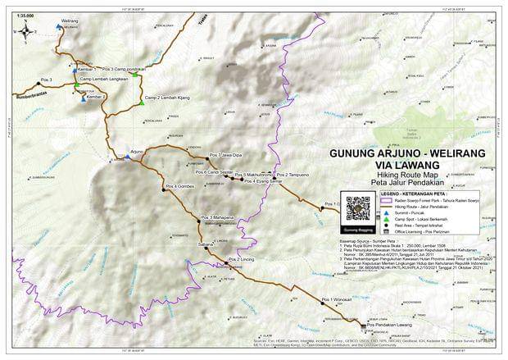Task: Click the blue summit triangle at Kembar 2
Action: (x=85, y=97)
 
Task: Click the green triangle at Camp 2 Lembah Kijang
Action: (x=142, y=103)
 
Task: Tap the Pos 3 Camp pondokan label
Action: (x=124, y=69)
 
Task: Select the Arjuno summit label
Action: (x=137, y=152)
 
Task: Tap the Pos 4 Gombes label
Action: (x=179, y=186)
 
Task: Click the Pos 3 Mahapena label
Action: (x=218, y=217)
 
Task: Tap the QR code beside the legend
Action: (x=358, y=210)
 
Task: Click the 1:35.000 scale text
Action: (x=25, y=15)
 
